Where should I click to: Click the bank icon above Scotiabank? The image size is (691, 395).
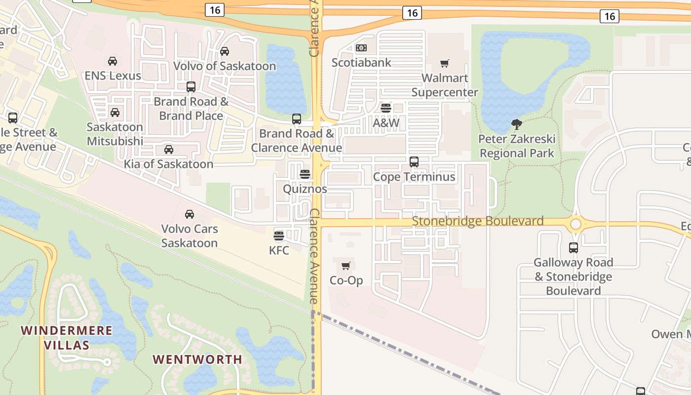click(361, 48)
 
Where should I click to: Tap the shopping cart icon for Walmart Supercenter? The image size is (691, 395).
click(444, 63)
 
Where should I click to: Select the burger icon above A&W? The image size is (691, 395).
click(386, 108)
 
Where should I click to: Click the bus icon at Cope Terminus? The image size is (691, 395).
click(414, 161)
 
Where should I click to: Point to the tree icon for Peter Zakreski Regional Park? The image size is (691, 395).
click(517, 124)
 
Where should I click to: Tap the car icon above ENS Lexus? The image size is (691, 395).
click(113, 61)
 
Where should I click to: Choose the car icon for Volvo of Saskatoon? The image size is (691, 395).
click(225, 51)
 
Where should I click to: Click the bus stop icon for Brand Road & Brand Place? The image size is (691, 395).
click(191, 87)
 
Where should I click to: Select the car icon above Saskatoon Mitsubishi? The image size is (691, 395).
click(115, 112)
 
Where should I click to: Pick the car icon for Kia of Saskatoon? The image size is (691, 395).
click(169, 149)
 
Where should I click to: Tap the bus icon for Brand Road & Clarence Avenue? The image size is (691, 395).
click(297, 118)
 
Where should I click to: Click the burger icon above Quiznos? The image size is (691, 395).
click(305, 174)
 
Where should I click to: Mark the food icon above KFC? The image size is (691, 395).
click(279, 236)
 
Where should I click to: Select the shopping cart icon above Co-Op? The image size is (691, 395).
click(346, 266)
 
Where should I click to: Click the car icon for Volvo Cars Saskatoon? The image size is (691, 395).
click(190, 214)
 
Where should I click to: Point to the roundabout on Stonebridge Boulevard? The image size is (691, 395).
click(576, 224)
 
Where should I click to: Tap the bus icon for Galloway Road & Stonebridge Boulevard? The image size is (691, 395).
click(574, 247)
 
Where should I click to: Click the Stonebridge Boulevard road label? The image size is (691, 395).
click(477, 221)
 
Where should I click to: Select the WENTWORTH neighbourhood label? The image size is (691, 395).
click(197, 359)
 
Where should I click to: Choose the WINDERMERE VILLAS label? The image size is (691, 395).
click(67, 337)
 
